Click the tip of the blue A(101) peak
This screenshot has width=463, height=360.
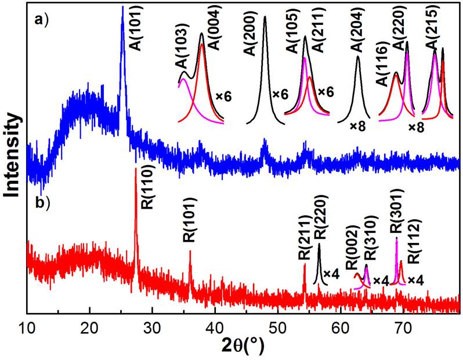click(122, 8)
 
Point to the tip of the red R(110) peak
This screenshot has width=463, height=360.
click(136, 169)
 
